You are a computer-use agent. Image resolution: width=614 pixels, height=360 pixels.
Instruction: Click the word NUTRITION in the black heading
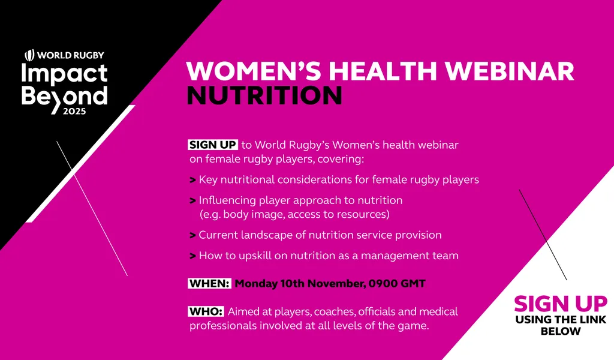(264, 95)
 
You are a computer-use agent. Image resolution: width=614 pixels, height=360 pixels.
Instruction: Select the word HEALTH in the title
(383, 71)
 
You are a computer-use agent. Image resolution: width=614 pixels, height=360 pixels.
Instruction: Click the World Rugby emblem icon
(29, 55)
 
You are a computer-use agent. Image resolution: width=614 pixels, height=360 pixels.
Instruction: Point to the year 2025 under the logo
(74, 111)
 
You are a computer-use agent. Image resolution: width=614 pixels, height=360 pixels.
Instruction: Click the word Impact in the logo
(64, 74)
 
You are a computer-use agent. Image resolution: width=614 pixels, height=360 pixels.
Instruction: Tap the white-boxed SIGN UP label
(213, 145)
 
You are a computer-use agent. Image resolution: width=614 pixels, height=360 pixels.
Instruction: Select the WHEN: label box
(209, 283)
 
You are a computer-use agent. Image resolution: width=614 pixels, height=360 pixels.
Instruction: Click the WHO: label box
(206, 311)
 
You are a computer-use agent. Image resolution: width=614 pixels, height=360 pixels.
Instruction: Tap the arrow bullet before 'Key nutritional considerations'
(192, 180)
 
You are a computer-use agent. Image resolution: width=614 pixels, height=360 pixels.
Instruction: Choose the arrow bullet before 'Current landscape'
(192, 235)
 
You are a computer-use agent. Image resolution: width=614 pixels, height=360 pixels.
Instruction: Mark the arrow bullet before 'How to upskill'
(192, 256)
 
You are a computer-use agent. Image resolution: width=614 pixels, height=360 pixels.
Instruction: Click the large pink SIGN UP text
(561, 304)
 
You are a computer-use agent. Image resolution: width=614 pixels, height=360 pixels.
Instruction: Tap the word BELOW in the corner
(561, 331)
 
